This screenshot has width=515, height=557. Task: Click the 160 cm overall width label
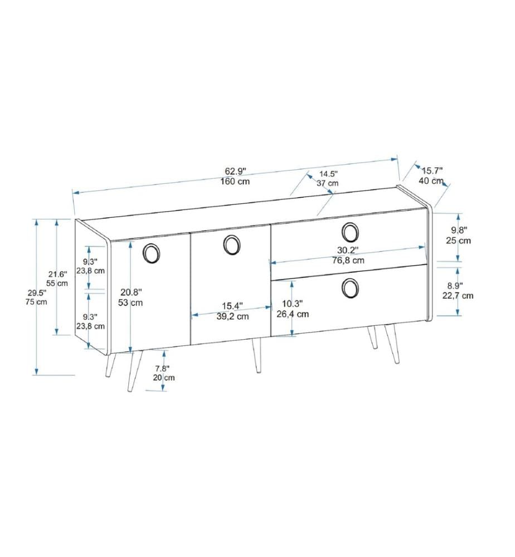[235, 181]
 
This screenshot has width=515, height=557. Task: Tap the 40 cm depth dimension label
[431, 180]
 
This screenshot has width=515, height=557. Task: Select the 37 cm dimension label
[327, 183]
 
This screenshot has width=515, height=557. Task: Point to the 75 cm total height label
[36, 302]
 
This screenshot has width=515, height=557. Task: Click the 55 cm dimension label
[57, 284]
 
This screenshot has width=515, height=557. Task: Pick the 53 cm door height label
[130, 302]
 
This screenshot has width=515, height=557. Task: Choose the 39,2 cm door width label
[232, 316]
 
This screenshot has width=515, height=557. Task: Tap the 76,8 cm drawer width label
[348, 260]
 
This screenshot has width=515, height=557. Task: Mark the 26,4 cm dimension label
[293, 314]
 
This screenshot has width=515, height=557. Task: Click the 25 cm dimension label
[458, 241]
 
